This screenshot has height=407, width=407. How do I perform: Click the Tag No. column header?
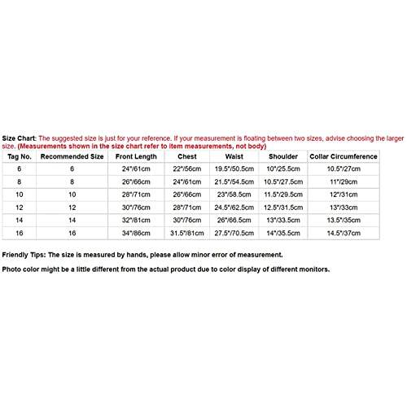(x=19, y=155)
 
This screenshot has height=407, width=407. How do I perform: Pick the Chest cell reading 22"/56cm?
(x=189, y=168)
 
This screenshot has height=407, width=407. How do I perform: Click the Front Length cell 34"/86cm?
(x=134, y=233)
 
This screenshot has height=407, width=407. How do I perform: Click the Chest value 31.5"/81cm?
(x=189, y=233)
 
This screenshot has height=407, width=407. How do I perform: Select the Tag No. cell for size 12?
(x=19, y=207)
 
